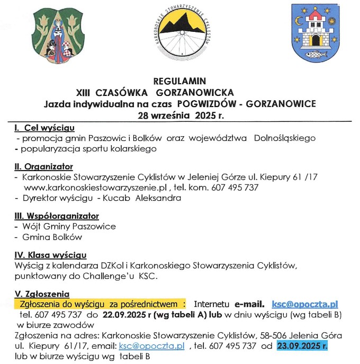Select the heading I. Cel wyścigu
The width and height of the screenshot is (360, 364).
pyautogui.click(x=44, y=128)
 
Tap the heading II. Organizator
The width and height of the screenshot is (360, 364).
pyautogui.click(x=44, y=166)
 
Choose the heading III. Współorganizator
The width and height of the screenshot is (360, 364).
pyautogui.click(x=57, y=216)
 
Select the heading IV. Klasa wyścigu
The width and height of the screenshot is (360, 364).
pyautogui.click(x=51, y=255)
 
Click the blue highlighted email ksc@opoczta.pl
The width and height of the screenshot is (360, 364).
pyautogui.click(x=304, y=304)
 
